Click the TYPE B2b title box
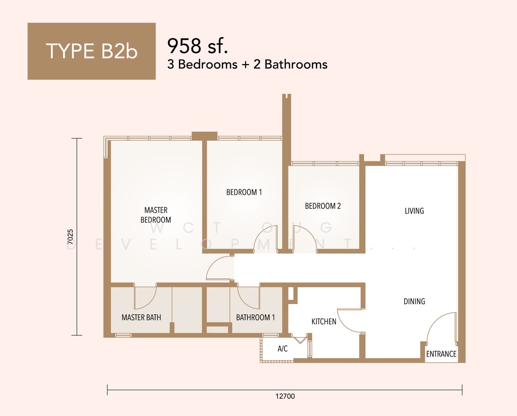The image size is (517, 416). [92, 51]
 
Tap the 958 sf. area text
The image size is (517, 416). [197, 46]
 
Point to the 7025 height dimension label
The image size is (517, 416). [70, 237]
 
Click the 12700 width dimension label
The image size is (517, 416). [285, 396]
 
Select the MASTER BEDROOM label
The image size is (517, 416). [156, 215]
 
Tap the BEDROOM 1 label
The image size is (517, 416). [244, 192]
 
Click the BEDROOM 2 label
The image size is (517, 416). [323, 206]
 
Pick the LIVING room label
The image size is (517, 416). [414, 211]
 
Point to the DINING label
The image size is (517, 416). [414, 301]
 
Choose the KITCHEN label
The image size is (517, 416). [324, 321]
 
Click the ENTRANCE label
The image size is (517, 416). [441, 354]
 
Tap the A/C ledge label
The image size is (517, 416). [283, 348]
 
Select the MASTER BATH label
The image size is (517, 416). [141, 317]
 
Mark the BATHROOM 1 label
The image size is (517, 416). [255, 317]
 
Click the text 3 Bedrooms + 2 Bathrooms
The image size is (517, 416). [247, 65]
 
